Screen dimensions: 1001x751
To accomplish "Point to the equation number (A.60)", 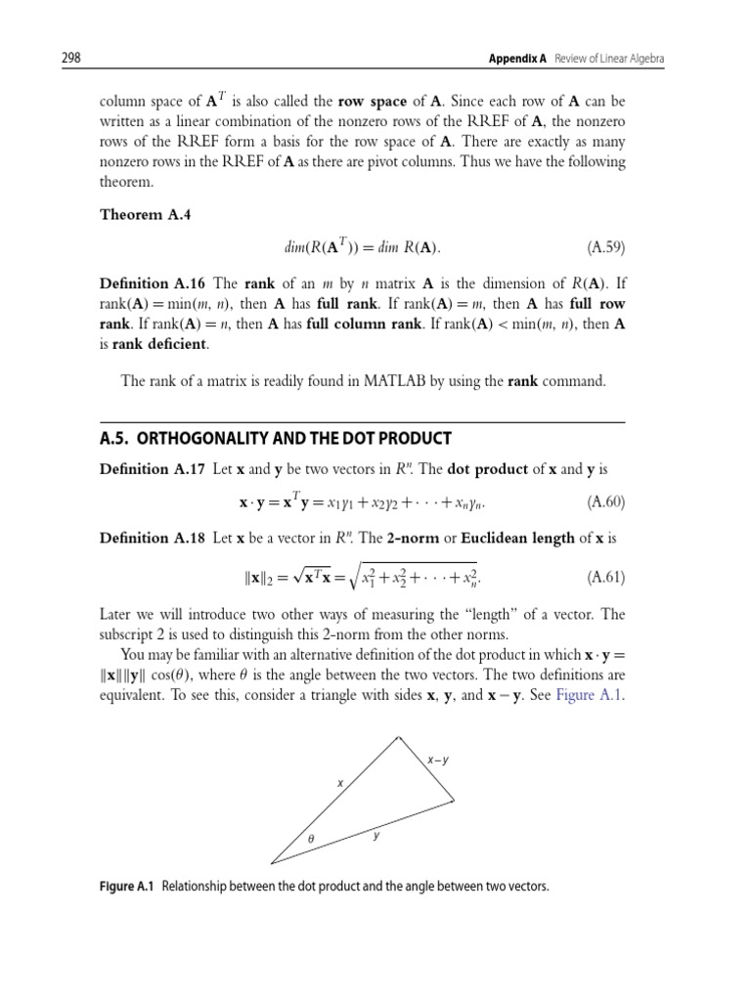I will [605, 502].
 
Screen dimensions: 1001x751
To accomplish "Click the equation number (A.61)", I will [605, 577].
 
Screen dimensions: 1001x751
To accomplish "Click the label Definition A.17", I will [153, 469].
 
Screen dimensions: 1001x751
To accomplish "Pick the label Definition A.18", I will [153, 538].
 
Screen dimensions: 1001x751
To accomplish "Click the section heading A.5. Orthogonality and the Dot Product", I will [276, 437].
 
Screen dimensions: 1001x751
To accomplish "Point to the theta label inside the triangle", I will [312, 840].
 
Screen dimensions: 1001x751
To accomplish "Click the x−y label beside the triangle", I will [438, 760].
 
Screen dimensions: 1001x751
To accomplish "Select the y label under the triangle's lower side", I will [375, 837].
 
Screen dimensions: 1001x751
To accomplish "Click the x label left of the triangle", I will [340, 783].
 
